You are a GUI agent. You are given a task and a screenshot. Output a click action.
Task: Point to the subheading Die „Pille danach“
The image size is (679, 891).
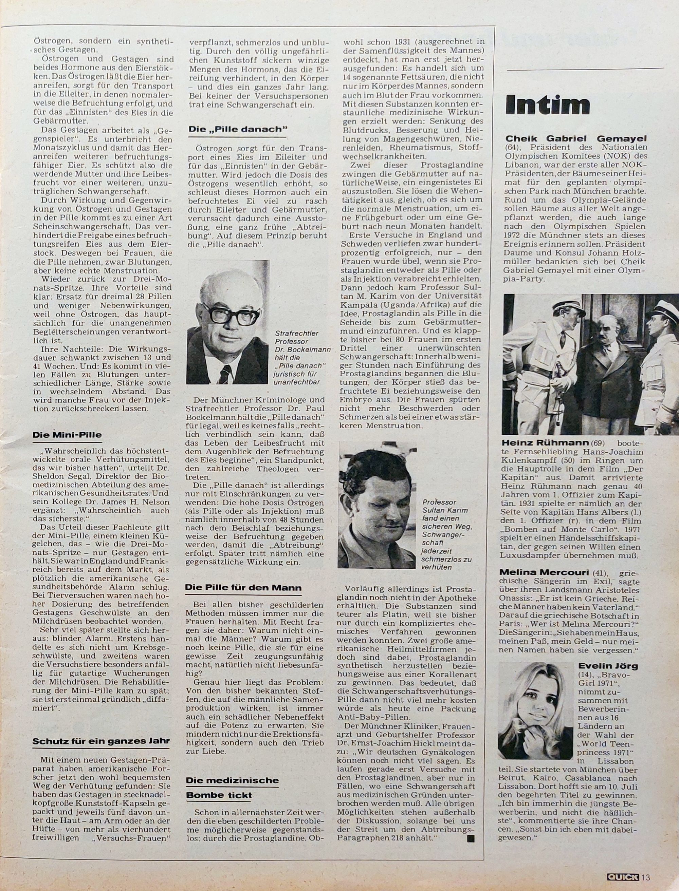coord(238,129)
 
